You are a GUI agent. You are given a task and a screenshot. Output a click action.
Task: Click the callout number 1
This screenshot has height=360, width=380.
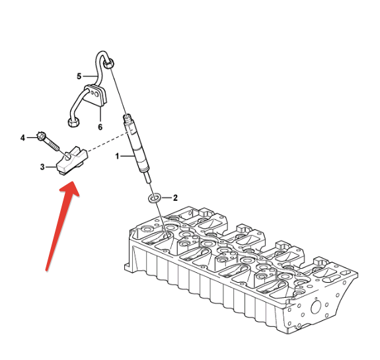(117, 157)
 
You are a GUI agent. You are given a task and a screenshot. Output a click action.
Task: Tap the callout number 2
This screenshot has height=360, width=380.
(175, 198)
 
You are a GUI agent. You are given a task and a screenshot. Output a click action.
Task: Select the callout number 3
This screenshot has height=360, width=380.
(42, 167)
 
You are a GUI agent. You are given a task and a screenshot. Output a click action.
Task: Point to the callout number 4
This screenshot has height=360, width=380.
(22, 138)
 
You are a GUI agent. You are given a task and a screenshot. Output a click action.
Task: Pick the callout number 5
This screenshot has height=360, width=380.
(79, 77)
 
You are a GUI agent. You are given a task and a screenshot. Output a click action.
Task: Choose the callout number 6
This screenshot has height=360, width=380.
(100, 127)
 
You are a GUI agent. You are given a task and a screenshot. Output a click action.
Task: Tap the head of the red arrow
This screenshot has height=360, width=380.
(71, 188)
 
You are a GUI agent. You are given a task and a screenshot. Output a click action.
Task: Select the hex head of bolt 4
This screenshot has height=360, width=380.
(41, 136)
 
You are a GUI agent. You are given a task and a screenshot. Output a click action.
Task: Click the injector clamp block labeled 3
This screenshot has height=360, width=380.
(71, 161)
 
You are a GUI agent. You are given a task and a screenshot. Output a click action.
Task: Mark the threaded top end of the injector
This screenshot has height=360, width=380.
(128, 118)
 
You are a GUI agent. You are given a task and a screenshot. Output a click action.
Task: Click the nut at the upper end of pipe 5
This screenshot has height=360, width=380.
(108, 64)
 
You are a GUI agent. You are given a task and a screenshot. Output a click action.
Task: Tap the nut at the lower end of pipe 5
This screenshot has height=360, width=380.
(73, 122)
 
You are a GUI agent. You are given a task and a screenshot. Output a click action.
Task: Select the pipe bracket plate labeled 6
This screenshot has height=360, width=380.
(95, 94)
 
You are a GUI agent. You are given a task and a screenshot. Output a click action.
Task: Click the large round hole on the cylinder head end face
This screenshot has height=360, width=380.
(316, 307)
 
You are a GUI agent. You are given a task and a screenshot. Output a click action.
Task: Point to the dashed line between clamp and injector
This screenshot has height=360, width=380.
(108, 142)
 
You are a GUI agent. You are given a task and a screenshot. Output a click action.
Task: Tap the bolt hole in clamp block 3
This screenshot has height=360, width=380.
(69, 157)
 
